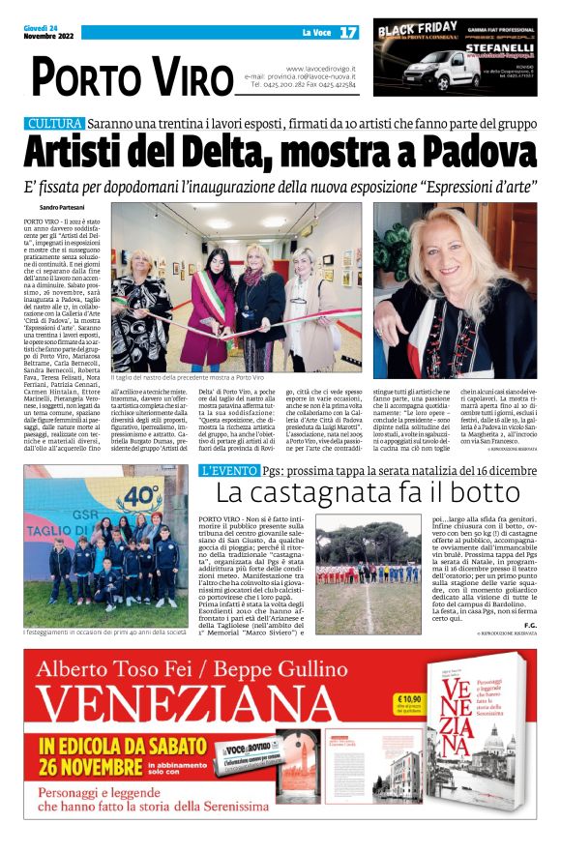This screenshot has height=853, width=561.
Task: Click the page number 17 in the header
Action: pyautogui.click(x=347, y=32)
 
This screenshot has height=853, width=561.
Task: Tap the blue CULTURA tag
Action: pyautogui.click(x=54, y=125)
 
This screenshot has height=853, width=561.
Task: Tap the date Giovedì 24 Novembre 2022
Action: pyautogui.click(x=43, y=32)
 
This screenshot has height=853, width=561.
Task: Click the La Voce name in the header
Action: pyautogui.click(x=317, y=32)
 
